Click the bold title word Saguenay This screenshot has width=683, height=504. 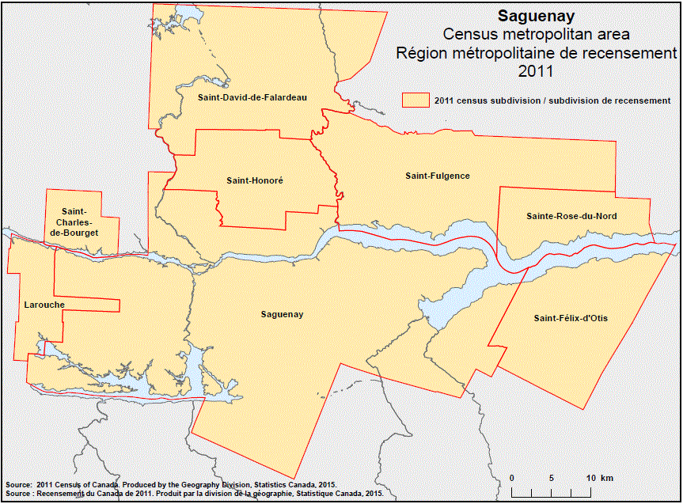click(536, 16)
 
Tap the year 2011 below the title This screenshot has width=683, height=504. click(536, 71)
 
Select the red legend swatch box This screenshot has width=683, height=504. click(415, 100)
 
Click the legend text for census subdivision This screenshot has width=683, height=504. click(552, 100)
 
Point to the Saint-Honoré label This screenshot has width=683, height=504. click(254, 180)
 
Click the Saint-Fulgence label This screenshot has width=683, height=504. click(437, 176)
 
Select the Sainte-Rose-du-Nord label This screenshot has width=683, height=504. click(571, 216)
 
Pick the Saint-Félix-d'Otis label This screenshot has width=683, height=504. click(571, 318)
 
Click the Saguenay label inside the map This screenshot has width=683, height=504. click(282, 314)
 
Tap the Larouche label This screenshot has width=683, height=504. click(44, 305)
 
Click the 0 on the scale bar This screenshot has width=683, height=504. click(512, 479)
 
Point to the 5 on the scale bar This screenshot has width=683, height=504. click(551, 479)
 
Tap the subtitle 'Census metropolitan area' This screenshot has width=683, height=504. click(536, 35)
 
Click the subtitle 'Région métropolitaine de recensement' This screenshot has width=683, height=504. click(536, 53)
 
